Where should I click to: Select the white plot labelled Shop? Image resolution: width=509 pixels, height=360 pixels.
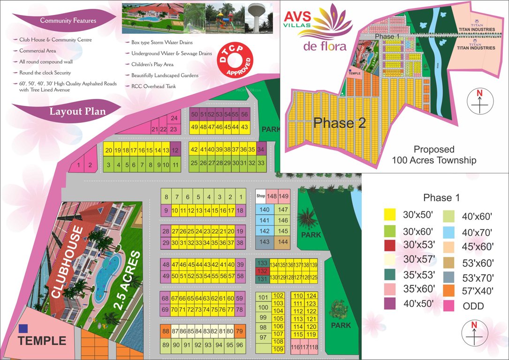point(260,196)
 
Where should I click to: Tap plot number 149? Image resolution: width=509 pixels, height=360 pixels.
point(284,196)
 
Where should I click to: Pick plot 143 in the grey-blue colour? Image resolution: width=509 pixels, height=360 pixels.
point(265,242)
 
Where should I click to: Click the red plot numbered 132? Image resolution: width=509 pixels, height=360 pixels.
point(263,271)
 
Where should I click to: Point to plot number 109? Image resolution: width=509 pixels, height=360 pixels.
point(278,349)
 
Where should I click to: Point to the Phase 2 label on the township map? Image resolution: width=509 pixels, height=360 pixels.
point(340,123)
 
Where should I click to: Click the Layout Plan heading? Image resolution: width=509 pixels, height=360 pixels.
point(77,112)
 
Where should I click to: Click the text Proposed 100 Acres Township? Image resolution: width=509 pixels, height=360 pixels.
point(434,155)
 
